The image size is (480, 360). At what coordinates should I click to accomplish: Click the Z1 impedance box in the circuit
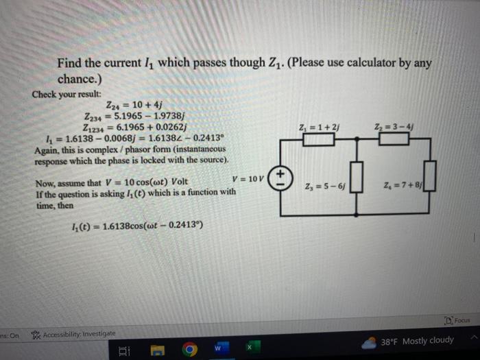[319, 139]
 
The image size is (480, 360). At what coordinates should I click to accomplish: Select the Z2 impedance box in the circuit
[394, 139]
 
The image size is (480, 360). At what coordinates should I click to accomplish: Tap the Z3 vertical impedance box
[356, 185]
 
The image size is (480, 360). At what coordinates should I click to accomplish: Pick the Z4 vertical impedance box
[430, 185]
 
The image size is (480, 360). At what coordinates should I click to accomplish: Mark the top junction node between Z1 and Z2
[356, 139]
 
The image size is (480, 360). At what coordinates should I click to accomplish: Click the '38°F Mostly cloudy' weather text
[418, 341]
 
